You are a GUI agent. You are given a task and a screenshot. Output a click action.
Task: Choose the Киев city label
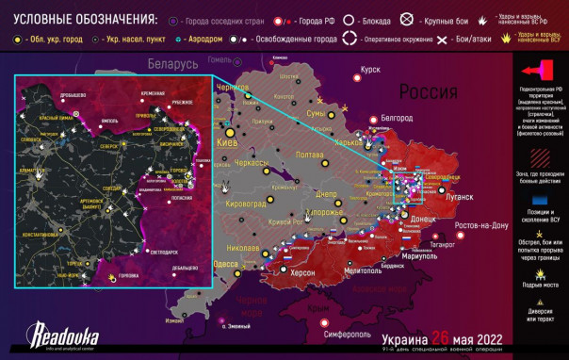tap(227, 143)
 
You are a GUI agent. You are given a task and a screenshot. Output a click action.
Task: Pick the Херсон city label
tap(302, 272)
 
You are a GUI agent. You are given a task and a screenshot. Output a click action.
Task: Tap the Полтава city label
tap(310, 155)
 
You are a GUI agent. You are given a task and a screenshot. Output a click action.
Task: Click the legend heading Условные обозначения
tap(85, 19)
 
